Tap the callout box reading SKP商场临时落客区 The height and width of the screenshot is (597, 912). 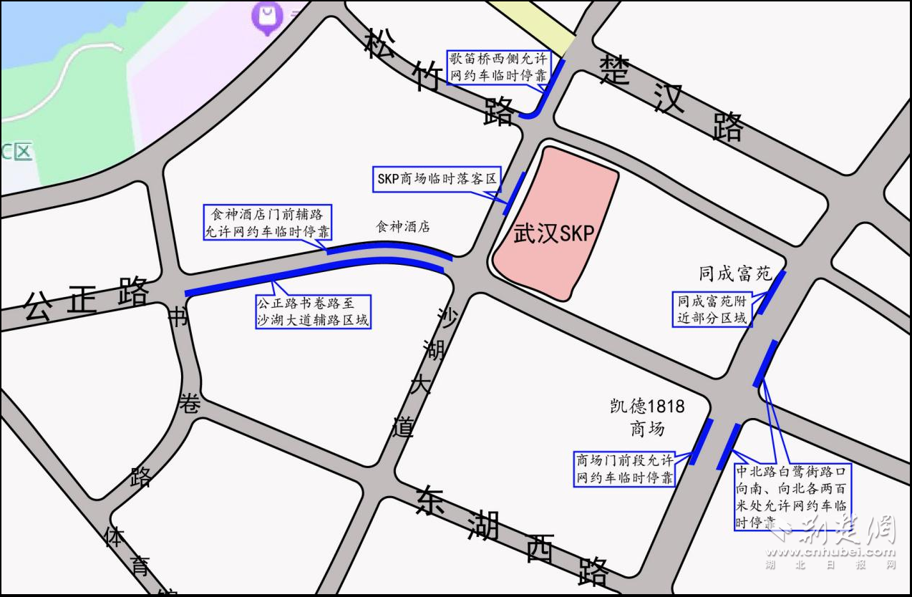[x=437, y=178]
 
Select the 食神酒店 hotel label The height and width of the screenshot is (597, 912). [x=403, y=227]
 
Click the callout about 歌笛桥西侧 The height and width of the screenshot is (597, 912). [x=498, y=67]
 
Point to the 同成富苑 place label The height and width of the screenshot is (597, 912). [x=734, y=273]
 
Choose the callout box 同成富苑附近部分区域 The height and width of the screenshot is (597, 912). [x=712, y=309]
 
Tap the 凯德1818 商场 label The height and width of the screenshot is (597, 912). [x=647, y=417]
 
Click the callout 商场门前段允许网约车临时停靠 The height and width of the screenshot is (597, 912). [x=625, y=469]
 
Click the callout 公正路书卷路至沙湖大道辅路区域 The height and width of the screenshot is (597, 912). [x=314, y=311]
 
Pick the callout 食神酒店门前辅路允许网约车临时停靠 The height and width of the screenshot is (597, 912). [x=268, y=223]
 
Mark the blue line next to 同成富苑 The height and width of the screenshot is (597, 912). [x=772, y=292]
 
